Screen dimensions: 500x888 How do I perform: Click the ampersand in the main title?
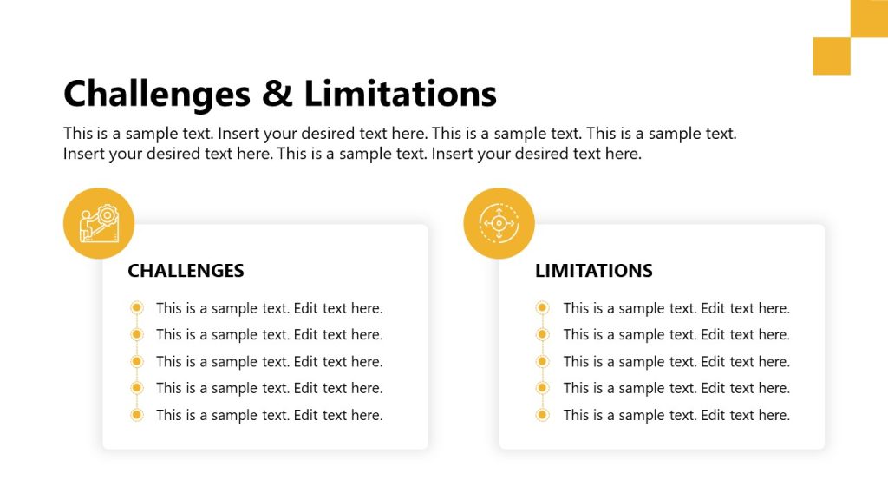pyautogui.click(x=277, y=94)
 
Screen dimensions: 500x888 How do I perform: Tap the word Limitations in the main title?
pyautogui.click(x=401, y=94)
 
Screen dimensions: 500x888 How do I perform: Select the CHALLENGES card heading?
pyautogui.click(x=186, y=271)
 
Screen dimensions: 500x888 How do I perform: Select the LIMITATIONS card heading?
pyautogui.click(x=593, y=271)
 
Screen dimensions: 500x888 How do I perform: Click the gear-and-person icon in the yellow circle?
pyautogui.click(x=99, y=223)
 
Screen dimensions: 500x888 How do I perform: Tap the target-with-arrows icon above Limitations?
pyautogui.click(x=499, y=223)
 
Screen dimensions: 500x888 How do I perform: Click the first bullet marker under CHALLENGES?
pyautogui.click(x=136, y=307)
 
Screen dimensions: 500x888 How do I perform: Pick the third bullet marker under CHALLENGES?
pyautogui.click(x=136, y=361)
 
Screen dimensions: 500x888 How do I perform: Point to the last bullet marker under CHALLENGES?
pyautogui.click(x=136, y=415)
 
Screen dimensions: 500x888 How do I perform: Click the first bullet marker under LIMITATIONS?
pyautogui.click(x=543, y=307)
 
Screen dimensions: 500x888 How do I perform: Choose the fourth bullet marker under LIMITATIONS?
pyautogui.click(x=543, y=388)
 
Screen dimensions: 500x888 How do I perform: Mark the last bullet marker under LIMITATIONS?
pyautogui.click(x=543, y=415)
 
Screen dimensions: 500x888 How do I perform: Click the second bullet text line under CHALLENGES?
pyautogui.click(x=269, y=335)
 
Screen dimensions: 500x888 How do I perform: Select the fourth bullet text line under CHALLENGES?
pyautogui.click(x=269, y=388)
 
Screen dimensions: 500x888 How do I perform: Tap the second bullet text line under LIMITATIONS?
pyautogui.click(x=676, y=335)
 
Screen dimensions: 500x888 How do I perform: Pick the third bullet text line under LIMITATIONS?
pyautogui.click(x=676, y=362)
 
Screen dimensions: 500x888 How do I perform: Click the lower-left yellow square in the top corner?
pyautogui.click(x=832, y=56)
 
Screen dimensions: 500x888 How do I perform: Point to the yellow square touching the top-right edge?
pyautogui.click(x=869, y=18)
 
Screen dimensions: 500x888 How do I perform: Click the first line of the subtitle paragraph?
pyautogui.click(x=399, y=135)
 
